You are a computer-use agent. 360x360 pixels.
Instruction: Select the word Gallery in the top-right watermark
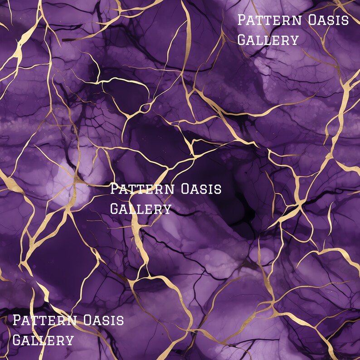268,40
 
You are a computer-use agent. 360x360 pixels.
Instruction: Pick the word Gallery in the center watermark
141,209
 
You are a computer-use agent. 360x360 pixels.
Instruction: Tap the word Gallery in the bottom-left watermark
43,340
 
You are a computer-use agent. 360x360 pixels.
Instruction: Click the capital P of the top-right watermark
242,20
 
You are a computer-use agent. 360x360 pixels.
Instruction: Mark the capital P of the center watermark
114,189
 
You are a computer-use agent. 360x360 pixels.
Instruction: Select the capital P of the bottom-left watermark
17,320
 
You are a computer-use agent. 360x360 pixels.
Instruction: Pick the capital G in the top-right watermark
242,40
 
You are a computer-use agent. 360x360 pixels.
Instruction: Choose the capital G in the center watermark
115,209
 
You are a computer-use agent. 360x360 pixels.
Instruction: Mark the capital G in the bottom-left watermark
17,340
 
